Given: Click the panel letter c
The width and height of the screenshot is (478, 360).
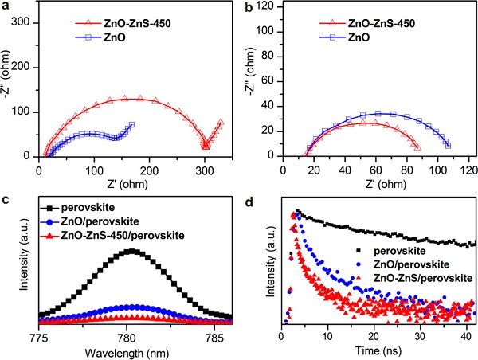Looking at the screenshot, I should click(x=6, y=185).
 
